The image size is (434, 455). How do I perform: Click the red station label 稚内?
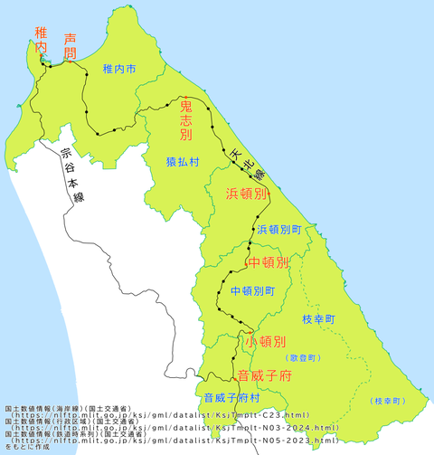pyautogui.click(x=40, y=43)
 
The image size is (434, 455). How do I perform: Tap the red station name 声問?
pyautogui.click(x=71, y=46)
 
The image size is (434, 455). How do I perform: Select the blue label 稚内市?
pyautogui.click(x=119, y=69)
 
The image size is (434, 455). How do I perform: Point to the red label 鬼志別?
pyautogui.click(x=185, y=121)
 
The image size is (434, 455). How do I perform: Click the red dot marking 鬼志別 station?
pyautogui.click(x=185, y=97)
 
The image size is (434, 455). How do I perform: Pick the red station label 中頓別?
pyautogui.click(x=269, y=263)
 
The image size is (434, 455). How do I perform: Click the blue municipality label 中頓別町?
pyautogui.click(x=252, y=291)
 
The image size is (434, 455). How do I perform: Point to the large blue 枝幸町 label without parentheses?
pyautogui.click(x=318, y=320)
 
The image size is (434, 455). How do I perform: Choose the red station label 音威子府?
pyautogui.click(x=264, y=375)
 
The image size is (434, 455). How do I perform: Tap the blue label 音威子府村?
pyautogui.click(x=231, y=396)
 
